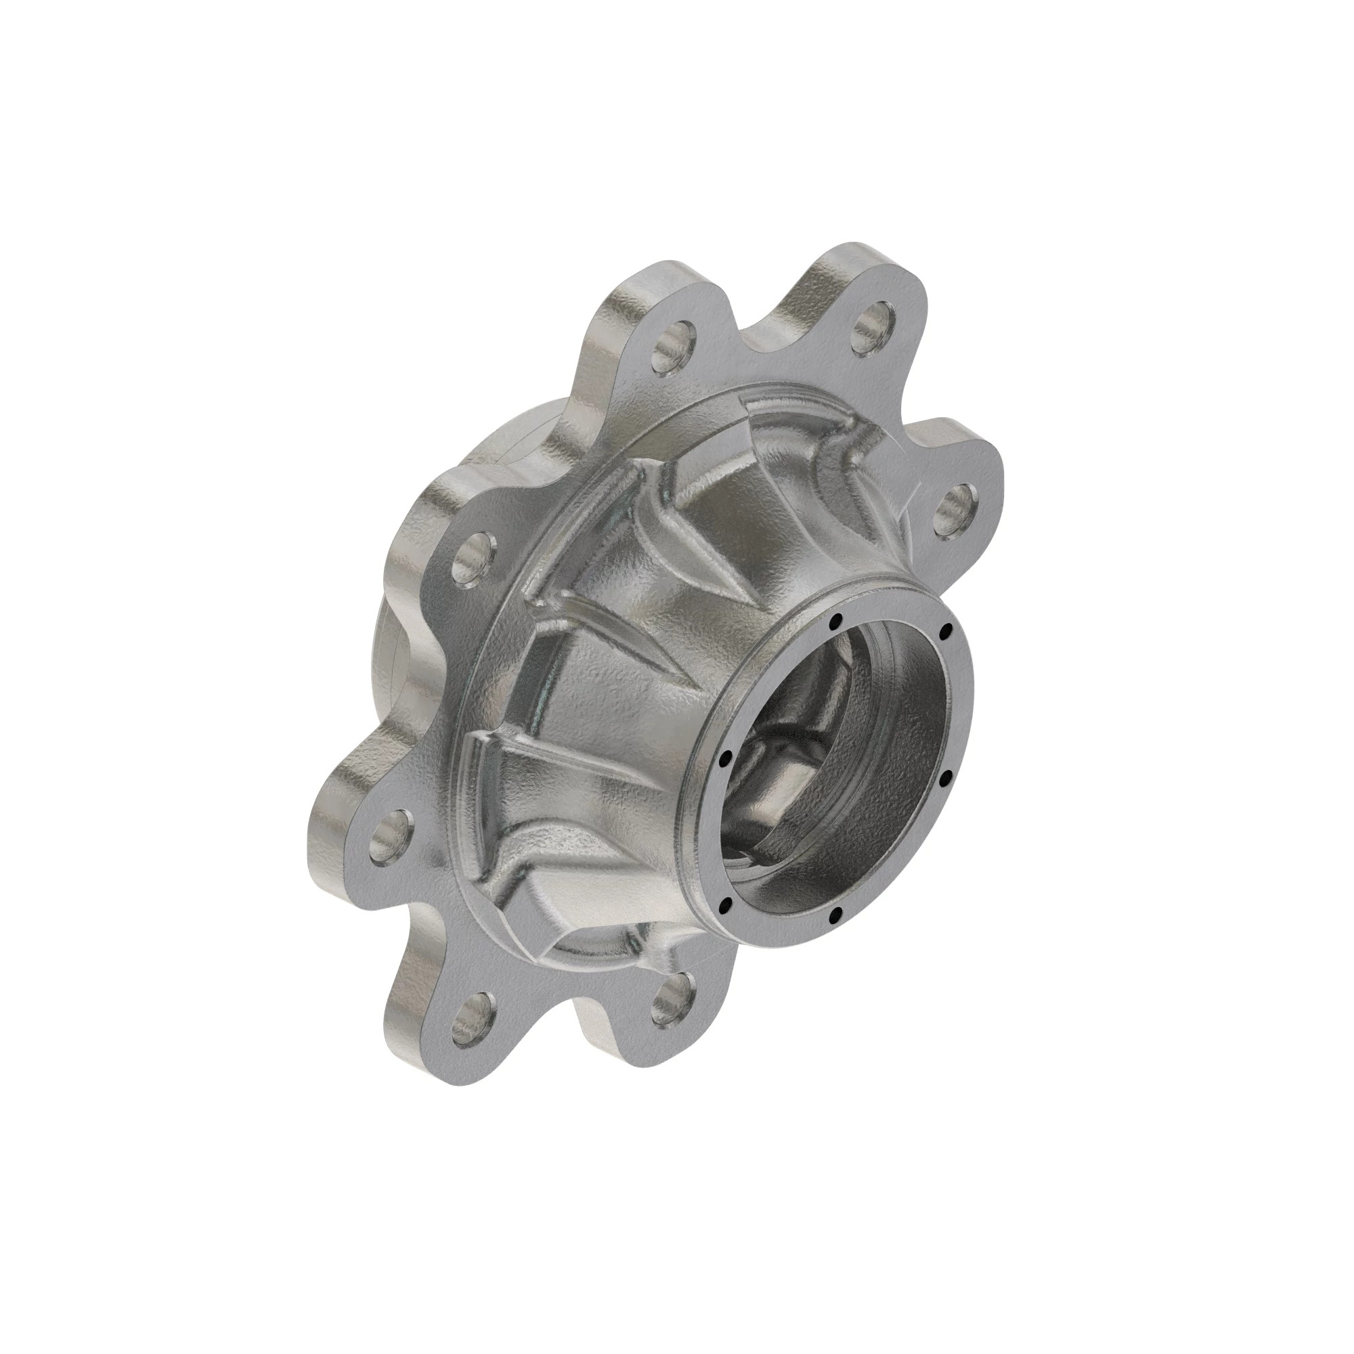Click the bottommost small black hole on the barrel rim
pyautogui.click(x=835, y=915)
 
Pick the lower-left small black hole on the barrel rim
pyautogui.click(x=726, y=902)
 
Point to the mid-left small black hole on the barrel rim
pyautogui.click(x=725, y=757)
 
